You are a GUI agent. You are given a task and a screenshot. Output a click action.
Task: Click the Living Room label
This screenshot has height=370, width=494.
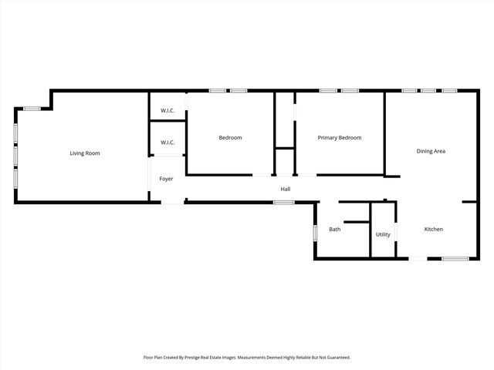(85, 153)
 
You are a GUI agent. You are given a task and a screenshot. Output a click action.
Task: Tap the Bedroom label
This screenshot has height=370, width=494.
(230, 138)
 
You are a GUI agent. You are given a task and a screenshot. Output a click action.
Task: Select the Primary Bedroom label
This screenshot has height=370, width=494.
(340, 138)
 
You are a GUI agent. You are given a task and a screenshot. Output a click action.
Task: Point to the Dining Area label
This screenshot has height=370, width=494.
(431, 151)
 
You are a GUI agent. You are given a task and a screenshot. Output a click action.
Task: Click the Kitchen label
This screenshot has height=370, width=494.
(433, 229)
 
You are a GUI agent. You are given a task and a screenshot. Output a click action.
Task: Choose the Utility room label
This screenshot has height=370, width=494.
(383, 234)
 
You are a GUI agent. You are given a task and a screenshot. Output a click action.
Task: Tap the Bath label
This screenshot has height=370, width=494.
(335, 229)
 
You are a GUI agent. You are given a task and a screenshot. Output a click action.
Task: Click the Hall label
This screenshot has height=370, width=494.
(285, 189)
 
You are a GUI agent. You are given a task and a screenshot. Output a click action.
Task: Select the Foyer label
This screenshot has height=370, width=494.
(166, 179)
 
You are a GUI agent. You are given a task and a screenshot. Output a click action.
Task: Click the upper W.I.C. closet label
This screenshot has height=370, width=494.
(167, 111)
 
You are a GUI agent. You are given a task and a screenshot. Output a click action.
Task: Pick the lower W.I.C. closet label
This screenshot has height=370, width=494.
(167, 143)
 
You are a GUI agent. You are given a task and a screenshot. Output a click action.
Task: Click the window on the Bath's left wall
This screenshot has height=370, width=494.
(315, 233)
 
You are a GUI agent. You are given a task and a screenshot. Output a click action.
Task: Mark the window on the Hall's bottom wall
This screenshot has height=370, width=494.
(284, 203)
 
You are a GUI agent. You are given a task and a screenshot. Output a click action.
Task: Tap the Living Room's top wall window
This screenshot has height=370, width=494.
(32, 109)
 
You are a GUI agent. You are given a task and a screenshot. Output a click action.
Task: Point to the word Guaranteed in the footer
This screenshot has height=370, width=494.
(337, 358)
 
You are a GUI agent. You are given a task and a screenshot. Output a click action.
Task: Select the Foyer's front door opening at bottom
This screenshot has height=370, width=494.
(173, 203)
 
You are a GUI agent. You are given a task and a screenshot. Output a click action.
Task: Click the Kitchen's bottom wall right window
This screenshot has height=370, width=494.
(455, 258)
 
